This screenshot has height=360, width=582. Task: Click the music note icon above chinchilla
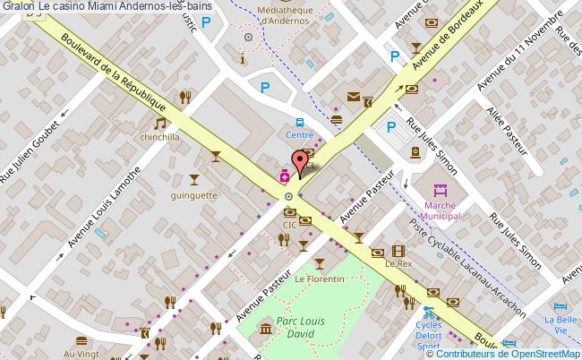159,124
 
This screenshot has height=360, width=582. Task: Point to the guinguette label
194,193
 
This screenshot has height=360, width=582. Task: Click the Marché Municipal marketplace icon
440,191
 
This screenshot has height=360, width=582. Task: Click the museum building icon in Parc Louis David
266,332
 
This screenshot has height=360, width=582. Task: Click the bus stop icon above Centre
299,123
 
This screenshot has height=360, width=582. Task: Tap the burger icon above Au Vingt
81,341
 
